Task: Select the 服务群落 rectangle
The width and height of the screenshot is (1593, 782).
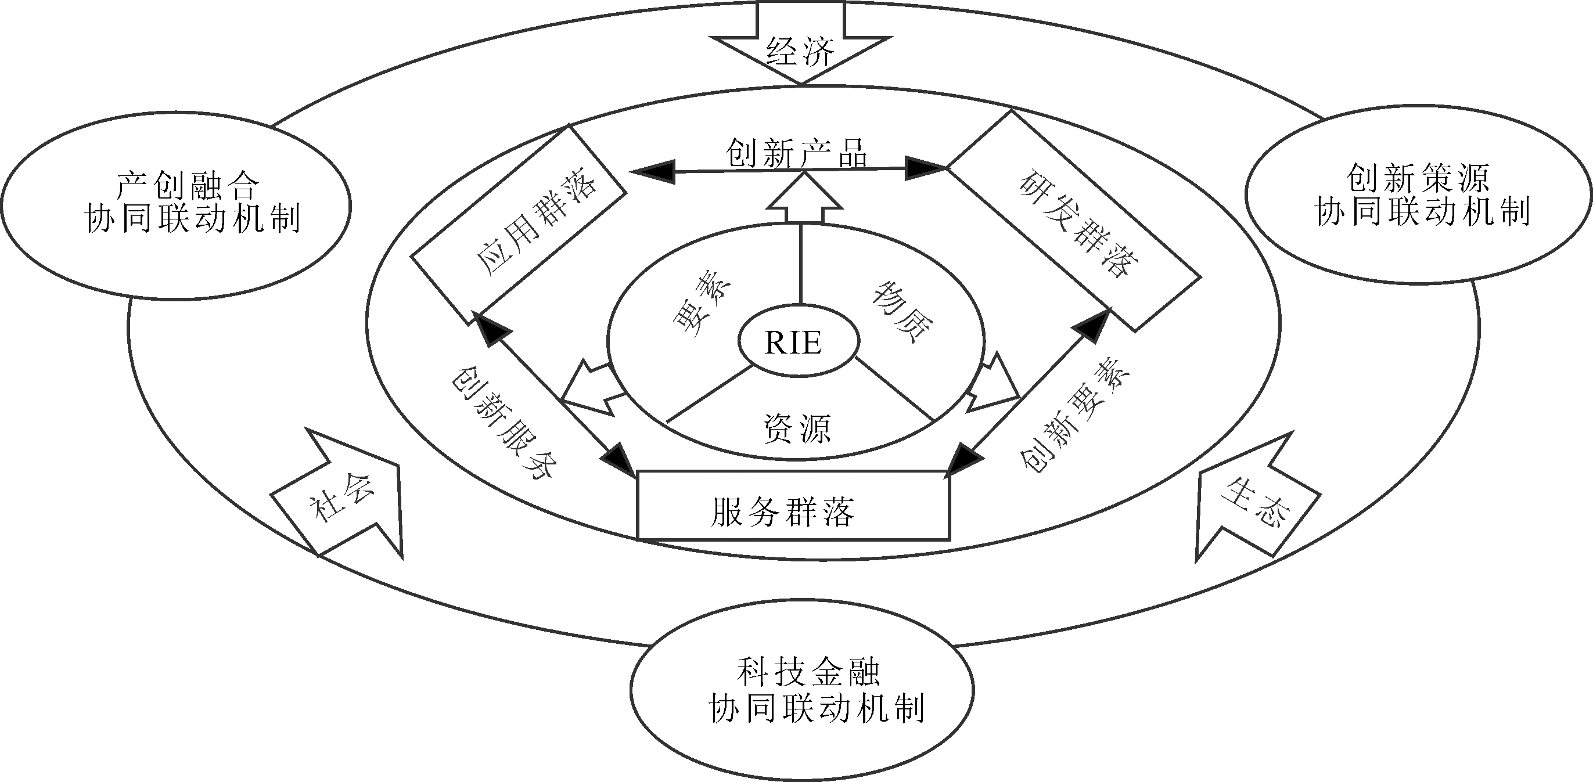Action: click(793, 506)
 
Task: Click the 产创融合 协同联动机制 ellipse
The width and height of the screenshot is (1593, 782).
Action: click(176, 206)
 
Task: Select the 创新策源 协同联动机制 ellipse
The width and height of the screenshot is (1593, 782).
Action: click(1418, 194)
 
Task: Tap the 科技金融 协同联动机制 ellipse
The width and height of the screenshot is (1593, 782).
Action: click(801, 690)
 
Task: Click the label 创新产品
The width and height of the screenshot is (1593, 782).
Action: click(797, 152)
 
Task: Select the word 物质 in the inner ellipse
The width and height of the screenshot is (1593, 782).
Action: click(903, 312)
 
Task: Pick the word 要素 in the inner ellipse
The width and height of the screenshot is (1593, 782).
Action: click(702, 305)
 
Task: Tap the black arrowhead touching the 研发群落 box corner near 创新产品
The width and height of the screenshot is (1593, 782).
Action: click(925, 168)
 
